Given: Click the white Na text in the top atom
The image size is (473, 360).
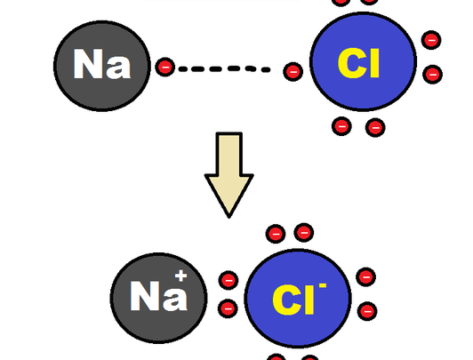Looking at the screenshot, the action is pyautogui.click(x=102, y=64).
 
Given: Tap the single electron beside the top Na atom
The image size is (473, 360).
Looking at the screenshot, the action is pyautogui.click(x=165, y=67).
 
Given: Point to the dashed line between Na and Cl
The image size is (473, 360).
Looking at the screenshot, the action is pyautogui.click(x=224, y=68).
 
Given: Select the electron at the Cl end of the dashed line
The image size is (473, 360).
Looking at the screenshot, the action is pyautogui.click(x=293, y=72).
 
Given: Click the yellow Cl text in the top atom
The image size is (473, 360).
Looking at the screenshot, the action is pyautogui.click(x=358, y=63).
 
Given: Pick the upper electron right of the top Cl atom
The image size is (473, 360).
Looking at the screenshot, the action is pyautogui.click(x=431, y=40).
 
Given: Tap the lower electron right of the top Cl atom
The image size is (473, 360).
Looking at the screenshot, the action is pyautogui.click(x=433, y=75).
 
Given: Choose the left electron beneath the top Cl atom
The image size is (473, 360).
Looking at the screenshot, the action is pyautogui.click(x=341, y=126).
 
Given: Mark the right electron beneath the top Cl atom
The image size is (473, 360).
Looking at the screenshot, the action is pyautogui.click(x=375, y=127).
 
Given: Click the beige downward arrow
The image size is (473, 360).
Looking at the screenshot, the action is pyautogui.click(x=229, y=174).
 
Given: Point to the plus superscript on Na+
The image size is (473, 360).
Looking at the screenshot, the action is pyautogui.click(x=181, y=276).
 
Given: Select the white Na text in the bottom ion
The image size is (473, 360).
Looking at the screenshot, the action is pyautogui.click(x=158, y=295).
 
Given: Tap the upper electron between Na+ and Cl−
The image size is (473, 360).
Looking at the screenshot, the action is pyautogui.click(x=228, y=280).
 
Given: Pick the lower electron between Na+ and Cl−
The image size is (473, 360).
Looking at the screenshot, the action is pyautogui.click(x=228, y=308).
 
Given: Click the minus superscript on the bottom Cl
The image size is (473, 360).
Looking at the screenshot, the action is pyautogui.click(x=323, y=285).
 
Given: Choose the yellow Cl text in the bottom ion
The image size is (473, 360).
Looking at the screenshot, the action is pyautogui.click(x=293, y=300).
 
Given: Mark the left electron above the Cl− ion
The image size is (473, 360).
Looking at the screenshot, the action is pyautogui.click(x=276, y=234).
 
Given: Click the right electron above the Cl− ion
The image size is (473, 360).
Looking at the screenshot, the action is pyautogui.click(x=304, y=233).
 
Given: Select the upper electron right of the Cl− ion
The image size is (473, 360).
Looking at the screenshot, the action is pyautogui.click(x=366, y=277).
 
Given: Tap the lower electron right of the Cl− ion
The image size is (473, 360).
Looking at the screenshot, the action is pyautogui.click(x=367, y=311).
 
